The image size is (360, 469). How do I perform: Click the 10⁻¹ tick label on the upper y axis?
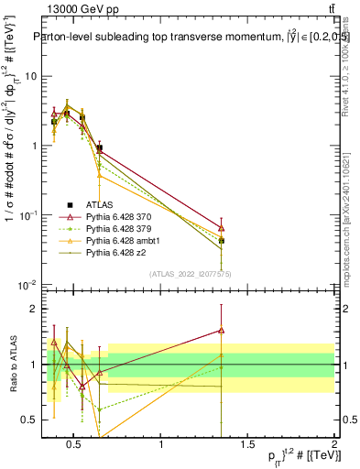(28, 214)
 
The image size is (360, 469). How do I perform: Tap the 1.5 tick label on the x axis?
(247, 446)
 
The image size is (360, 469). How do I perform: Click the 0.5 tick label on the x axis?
(75, 446)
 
